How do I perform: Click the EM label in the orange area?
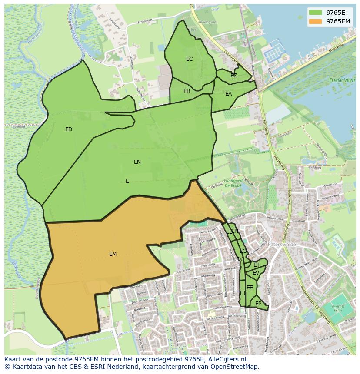pyautogui.click(x=113, y=254)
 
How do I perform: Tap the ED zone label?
pyautogui.click(x=69, y=129)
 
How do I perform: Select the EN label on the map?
pyautogui.click(x=137, y=162)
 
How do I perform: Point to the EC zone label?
pyautogui.click(x=190, y=59)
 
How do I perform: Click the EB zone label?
pyautogui.click(x=187, y=91)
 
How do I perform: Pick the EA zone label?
pyautogui.click(x=229, y=94)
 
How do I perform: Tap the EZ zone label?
pyautogui.click(x=234, y=76)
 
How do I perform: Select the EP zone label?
pyautogui.click(x=258, y=304)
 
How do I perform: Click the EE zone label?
pyautogui.click(x=250, y=288)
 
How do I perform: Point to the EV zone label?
pyautogui.click(x=256, y=273)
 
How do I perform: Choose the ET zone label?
pyautogui.click(x=257, y=265)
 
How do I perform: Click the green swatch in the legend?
pyautogui.click(x=316, y=13)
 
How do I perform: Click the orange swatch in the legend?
pyautogui.click(x=316, y=21)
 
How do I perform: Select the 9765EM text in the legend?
pyautogui.click(x=338, y=21)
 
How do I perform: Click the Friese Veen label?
pyautogui.click(x=342, y=80)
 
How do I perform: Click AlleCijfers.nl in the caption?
pyautogui.click(x=226, y=359)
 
